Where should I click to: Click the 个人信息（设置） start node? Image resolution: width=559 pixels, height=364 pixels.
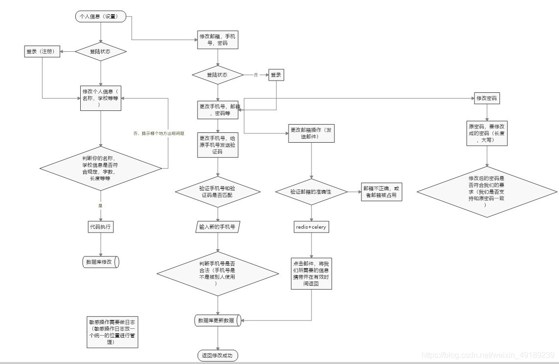pyautogui.click(x=100, y=17)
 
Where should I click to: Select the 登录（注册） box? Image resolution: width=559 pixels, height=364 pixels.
pyautogui.click(x=43, y=52)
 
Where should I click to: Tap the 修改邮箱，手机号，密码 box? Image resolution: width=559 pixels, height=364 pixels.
pyautogui.click(x=218, y=40)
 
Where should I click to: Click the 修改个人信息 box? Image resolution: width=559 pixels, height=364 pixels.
pyautogui.click(x=100, y=98)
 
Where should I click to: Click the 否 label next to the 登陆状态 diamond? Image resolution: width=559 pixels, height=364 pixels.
pyautogui.click(x=255, y=75)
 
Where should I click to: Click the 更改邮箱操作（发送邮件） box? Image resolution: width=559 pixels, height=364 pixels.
pyautogui.click(x=312, y=133)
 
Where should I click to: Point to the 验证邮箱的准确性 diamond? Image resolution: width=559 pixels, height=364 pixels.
pyautogui.click(x=312, y=192)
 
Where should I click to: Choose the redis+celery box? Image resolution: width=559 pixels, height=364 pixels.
pyautogui.click(x=311, y=227)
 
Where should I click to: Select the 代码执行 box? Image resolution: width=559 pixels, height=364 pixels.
pyautogui.click(x=100, y=227)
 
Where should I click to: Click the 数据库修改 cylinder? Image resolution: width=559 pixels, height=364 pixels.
pyautogui.click(x=101, y=262)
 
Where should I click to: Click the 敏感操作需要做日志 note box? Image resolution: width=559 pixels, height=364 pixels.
pyautogui.click(x=112, y=332)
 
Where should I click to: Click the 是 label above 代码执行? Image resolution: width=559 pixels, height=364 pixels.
pyautogui.click(x=100, y=206)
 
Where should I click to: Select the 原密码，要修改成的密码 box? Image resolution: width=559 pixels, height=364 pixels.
pyautogui.click(x=487, y=133)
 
